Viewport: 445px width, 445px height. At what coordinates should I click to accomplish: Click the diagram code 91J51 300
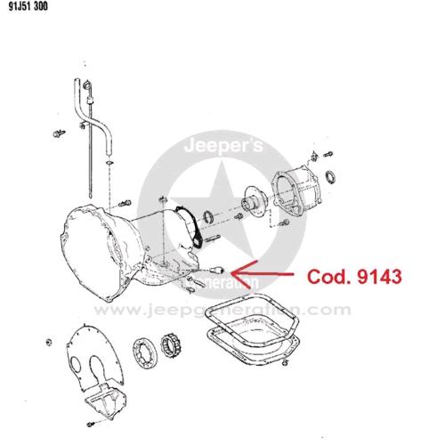[x=28, y=6]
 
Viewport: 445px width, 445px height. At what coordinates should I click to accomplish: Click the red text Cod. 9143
[x=354, y=277]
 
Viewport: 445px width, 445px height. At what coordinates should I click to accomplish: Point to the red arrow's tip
[x=231, y=273]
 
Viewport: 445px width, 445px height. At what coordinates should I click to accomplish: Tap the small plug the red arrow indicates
[x=216, y=271]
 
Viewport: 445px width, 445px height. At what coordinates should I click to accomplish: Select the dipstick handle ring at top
[x=86, y=85]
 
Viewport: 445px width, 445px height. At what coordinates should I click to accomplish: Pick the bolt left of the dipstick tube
[x=59, y=133]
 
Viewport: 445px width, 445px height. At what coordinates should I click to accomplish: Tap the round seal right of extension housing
[x=330, y=177]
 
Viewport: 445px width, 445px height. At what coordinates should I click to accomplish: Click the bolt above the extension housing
[x=328, y=155]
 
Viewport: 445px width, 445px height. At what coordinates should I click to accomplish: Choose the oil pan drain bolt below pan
[x=285, y=362]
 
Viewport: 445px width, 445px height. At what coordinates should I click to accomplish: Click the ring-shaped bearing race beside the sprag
[x=145, y=353]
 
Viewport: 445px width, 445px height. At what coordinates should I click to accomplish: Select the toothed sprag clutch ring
[x=172, y=345]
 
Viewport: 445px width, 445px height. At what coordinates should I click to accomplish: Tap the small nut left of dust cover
[x=49, y=342]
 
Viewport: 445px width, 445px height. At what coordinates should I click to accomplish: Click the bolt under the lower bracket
[x=91, y=424]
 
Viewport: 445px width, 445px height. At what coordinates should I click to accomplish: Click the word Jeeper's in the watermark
[x=223, y=146]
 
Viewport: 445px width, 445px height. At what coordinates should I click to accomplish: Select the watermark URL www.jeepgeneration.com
[x=222, y=310]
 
